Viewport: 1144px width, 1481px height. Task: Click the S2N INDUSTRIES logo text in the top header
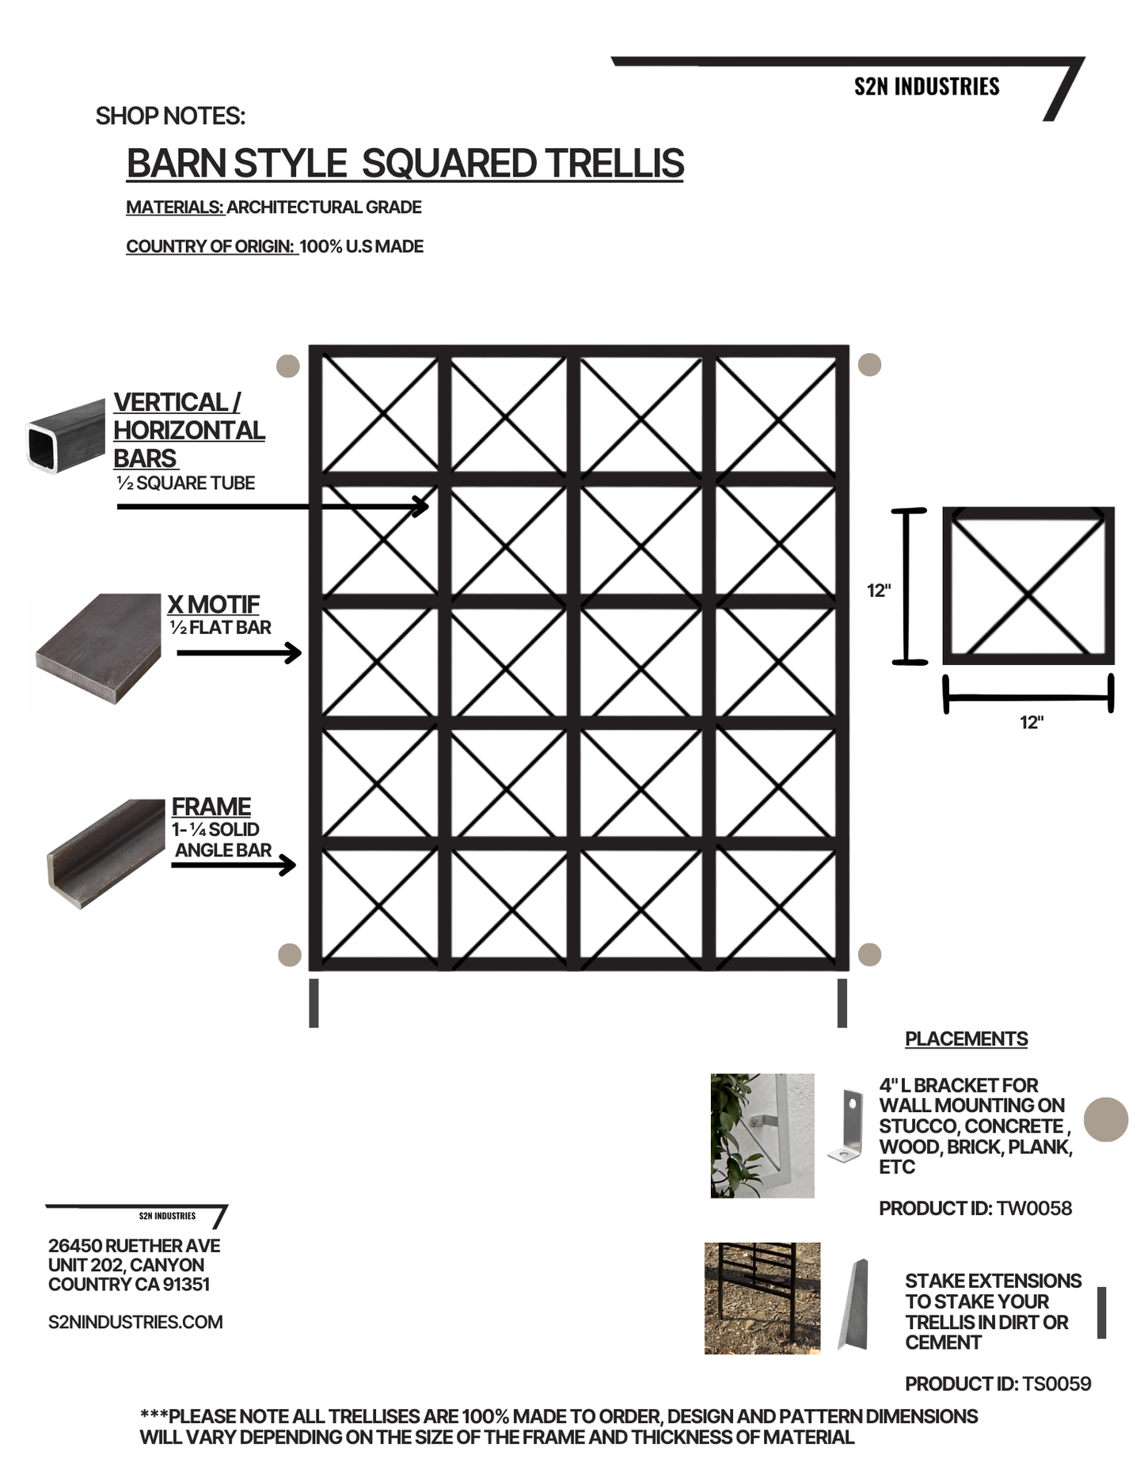tap(926, 86)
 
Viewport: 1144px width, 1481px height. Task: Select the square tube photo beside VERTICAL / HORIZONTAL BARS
tap(66, 437)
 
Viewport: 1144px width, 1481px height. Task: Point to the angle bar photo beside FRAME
tap(106, 852)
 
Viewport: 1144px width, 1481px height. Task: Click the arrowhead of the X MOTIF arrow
tap(295, 653)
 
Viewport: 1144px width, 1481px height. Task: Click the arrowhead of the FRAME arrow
tap(290, 865)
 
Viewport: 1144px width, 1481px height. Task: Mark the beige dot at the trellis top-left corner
tap(287, 366)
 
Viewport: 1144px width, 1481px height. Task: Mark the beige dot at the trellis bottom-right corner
tap(869, 954)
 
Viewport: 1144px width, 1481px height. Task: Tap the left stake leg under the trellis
tap(314, 1003)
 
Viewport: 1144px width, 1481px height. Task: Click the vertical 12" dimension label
tap(879, 591)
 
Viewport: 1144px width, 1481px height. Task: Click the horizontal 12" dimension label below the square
tap(1031, 722)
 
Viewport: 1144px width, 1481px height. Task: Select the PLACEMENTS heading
tap(966, 1039)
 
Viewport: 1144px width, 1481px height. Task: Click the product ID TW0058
tap(1034, 1208)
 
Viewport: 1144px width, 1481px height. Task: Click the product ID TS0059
tap(1056, 1384)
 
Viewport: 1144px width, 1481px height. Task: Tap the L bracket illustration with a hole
tap(846, 1125)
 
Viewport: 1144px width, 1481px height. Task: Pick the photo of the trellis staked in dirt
tap(762, 1298)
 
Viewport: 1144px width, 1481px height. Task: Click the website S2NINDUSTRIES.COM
tap(135, 1322)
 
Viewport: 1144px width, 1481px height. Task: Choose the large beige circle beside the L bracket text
tap(1105, 1119)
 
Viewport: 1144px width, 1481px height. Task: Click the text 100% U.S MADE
tap(361, 246)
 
